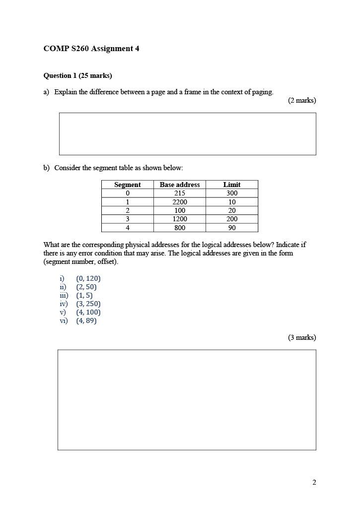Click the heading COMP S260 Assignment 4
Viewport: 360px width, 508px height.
(91, 49)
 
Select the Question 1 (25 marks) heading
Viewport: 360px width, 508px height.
(77, 75)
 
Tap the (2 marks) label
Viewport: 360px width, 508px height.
(301, 100)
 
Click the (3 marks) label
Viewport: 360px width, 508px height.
(301, 337)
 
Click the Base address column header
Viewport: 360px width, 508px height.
(180, 185)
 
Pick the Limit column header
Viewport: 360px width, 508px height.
(232, 185)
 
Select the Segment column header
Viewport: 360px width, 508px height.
(128, 185)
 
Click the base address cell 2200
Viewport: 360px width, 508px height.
(180, 202)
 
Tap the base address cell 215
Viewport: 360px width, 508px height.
(180, 193)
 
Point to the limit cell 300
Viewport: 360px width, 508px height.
(232, 193)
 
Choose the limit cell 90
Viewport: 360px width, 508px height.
(232, 228)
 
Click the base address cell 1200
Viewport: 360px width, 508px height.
(180, 219)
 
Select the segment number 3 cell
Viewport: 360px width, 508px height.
(128, 219)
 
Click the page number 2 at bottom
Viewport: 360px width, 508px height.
(314, 482)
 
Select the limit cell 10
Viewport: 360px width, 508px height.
(232, 202)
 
